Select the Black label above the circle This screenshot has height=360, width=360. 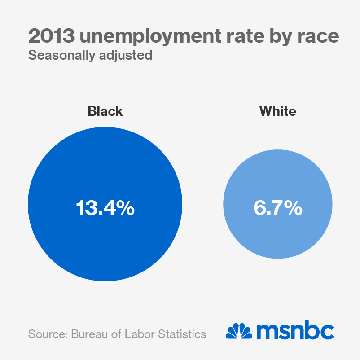point(105,111)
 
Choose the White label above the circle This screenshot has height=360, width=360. point(278,111)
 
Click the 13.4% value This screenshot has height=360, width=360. point(105,208)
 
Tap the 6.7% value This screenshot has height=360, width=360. point(278,208)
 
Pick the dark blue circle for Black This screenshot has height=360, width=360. point(105,251)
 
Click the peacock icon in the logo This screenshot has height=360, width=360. point(239,331)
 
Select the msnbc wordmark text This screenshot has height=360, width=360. point(295,331)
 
